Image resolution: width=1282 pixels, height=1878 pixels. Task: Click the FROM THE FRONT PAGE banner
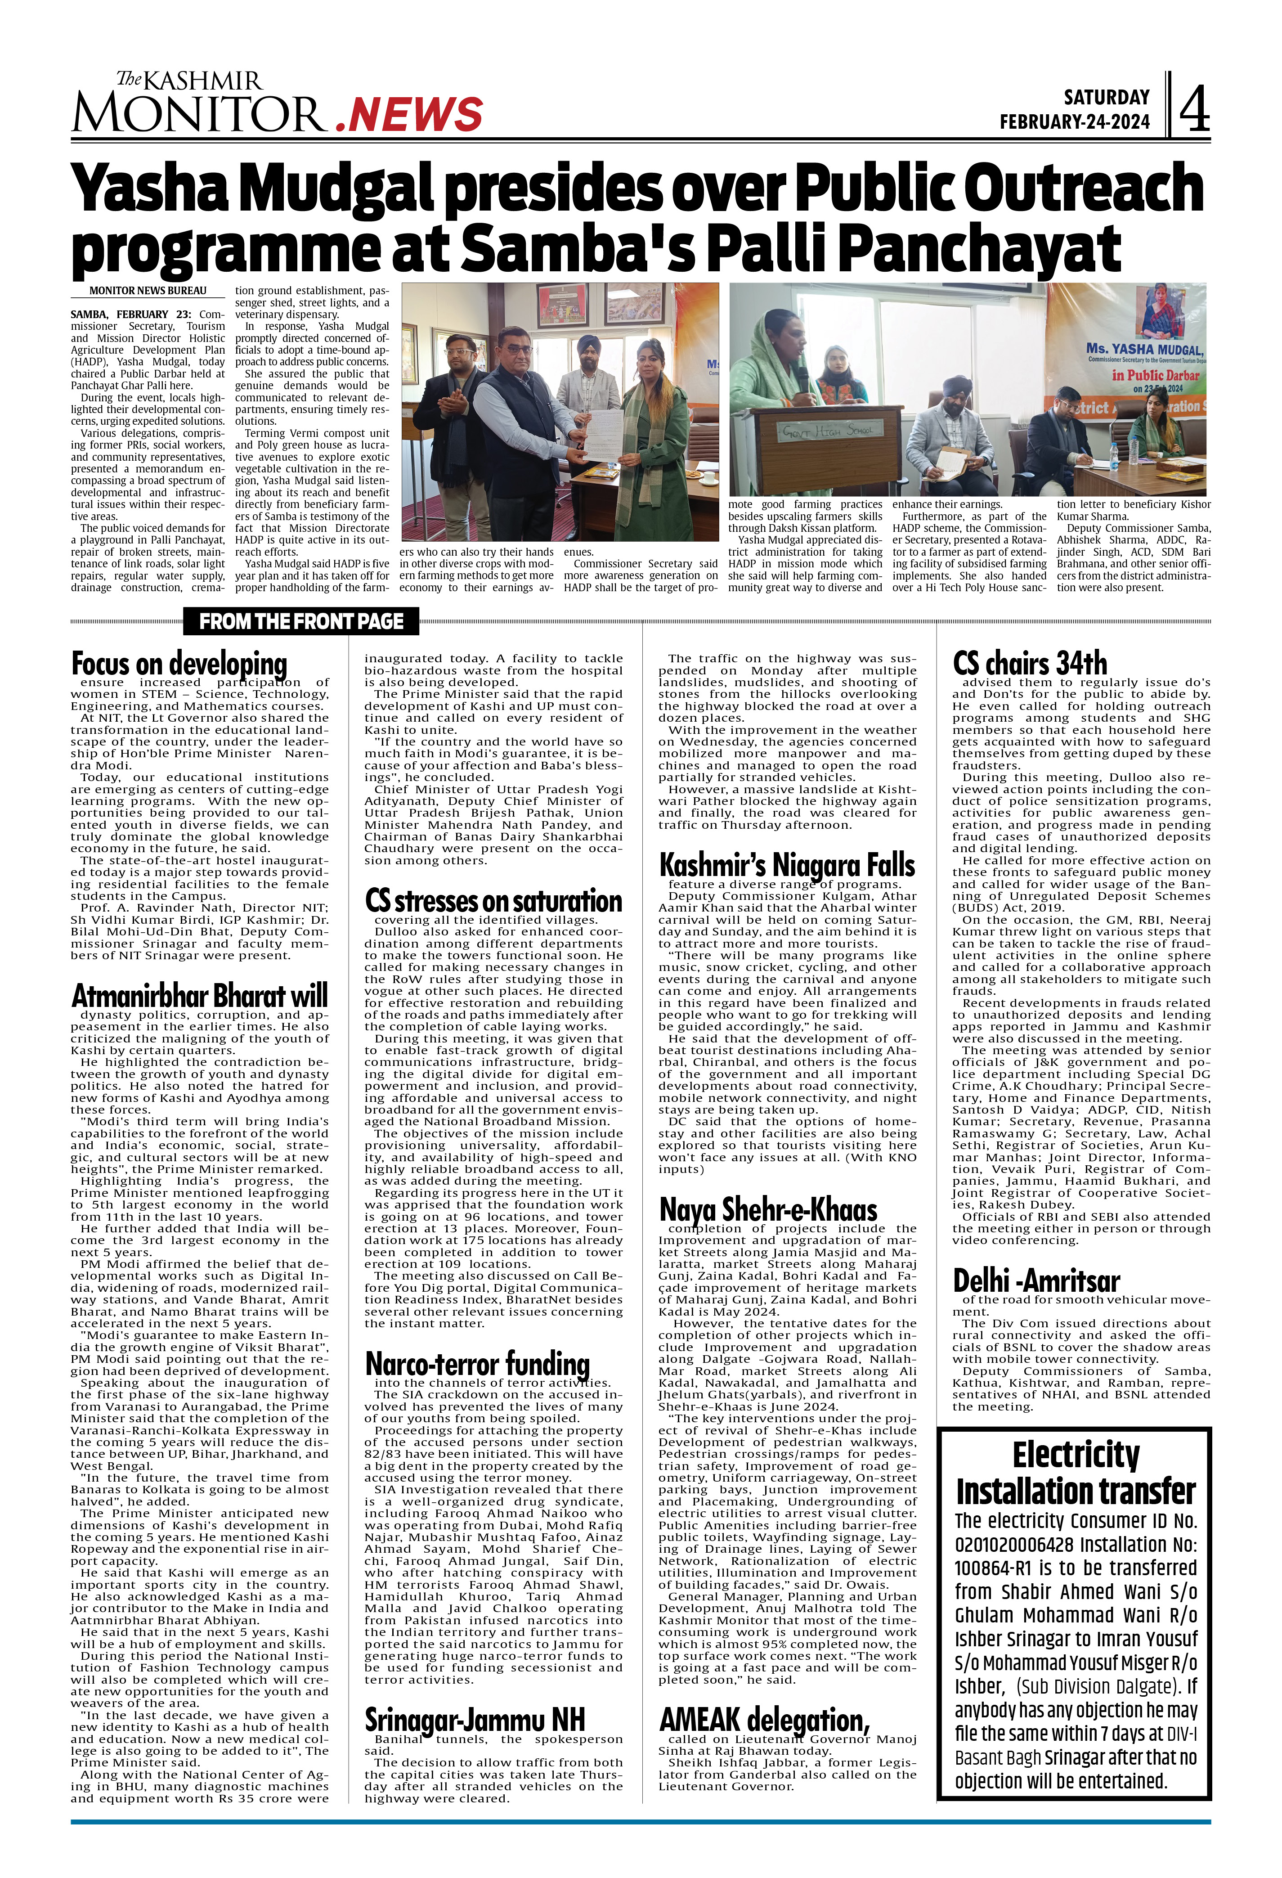coord(301,621)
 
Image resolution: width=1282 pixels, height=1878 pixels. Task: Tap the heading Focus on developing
coord(179,664)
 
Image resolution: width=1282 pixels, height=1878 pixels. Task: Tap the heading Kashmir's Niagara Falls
coord(787,866)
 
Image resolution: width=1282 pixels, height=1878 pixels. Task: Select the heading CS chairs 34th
coord(1030,664)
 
